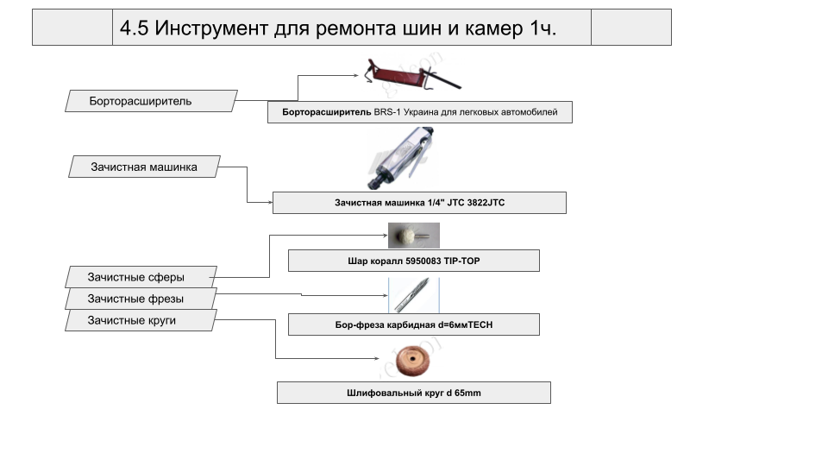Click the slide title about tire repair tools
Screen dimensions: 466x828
tap(338, 28)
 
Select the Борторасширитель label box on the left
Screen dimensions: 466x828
tap(141, 101)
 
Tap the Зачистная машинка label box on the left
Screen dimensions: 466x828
tap(144, 167)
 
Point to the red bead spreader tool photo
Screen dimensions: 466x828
tap(410, 76)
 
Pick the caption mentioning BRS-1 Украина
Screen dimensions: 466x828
tap(419, 112)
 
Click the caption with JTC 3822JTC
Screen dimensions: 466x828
tap(419, 203)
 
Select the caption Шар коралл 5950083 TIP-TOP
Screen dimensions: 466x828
tap(413, 261)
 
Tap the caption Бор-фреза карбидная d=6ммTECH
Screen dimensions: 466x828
tap(413, 324)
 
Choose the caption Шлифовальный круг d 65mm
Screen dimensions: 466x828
tap(413, 393)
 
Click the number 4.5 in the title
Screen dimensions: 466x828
tap(135, 28)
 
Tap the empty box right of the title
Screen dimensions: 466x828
tap(630, 28)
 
